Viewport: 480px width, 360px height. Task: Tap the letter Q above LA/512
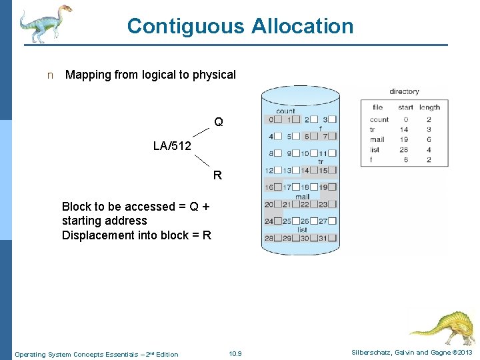click(219, 123)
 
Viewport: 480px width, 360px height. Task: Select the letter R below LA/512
click(217, 177)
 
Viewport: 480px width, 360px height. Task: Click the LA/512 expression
click(172, 146)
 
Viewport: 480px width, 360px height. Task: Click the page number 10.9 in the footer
click(235, 354)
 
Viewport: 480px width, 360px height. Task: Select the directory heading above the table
click(404, 92)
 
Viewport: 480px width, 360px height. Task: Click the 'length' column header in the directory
click(429, 107)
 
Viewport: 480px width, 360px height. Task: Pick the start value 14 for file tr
click(404, 130)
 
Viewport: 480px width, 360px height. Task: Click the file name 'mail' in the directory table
click(377, 140)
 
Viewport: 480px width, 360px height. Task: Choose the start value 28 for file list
click(404, 150)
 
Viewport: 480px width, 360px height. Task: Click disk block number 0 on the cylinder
click(270, 119)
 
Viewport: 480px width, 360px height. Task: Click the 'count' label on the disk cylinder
click(285, 111)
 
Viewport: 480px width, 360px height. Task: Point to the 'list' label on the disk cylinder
click(302, 230)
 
